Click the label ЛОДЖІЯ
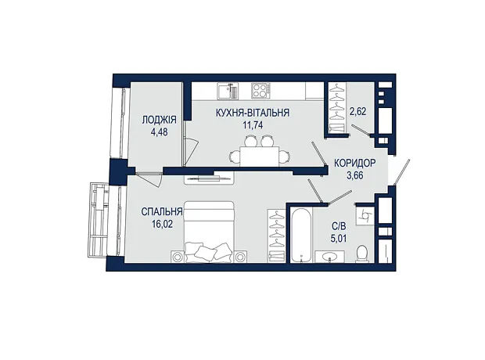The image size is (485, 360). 159,120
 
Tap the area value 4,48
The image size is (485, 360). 159,132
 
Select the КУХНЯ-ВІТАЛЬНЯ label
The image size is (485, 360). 253,113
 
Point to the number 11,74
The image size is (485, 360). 253,125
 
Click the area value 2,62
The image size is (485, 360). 357,111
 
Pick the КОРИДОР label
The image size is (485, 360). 355,163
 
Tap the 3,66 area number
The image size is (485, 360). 355,175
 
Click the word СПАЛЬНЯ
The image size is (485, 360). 162,212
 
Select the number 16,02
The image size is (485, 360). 162,224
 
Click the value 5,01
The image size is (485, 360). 339,239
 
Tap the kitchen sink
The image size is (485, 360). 228,91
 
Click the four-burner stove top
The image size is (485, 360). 260,91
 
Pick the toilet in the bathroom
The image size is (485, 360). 362,254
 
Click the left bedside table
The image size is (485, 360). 178,257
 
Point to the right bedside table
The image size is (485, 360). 240,257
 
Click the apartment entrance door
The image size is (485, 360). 401,172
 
